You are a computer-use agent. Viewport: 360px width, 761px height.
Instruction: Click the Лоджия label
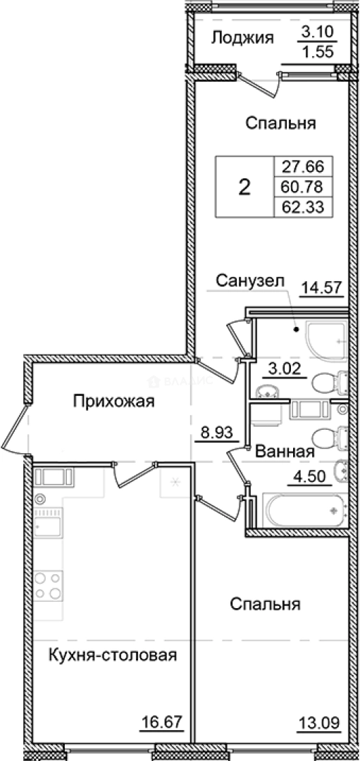coord(242,38)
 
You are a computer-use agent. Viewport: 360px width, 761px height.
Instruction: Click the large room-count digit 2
coord(244,187)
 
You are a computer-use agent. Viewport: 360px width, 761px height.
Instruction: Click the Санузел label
coord(251,281)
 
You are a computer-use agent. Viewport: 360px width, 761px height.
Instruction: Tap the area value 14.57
coord(320,287)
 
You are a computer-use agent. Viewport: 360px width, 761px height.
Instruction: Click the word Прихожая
coord(114,402)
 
